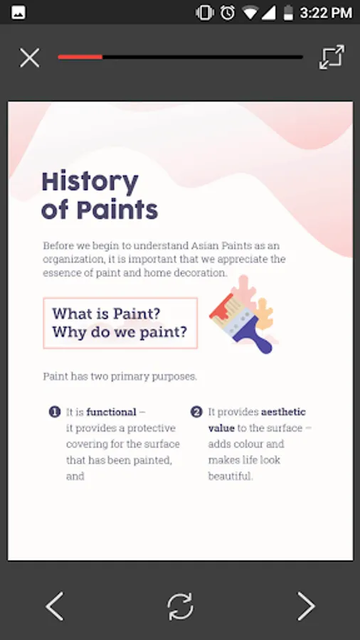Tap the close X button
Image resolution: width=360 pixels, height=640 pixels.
(30, 58)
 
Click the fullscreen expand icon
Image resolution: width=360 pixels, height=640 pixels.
(332, 57)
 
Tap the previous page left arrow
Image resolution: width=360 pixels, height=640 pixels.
(54, 606)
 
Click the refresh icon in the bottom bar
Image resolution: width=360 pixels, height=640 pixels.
(180, 607)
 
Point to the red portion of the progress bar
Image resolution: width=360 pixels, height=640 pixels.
(80, 57)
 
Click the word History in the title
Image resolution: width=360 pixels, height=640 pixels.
(90, 183)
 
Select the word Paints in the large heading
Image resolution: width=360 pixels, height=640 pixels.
(117, 210)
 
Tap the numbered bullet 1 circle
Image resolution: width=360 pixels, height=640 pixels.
(55, 412)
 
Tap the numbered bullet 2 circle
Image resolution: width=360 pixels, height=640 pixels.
(196, 412)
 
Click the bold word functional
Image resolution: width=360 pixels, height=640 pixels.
(111, 412)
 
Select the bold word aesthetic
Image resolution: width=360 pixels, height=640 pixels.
(283, 412)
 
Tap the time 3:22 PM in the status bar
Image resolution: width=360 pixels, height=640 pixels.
(326, 13)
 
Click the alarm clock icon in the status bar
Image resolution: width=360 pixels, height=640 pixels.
(228, 12)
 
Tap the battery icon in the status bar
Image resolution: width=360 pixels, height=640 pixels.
(289, 12)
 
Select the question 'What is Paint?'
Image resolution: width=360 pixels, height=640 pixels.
(106, 314)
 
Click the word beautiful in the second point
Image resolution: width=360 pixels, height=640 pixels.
(231, 476)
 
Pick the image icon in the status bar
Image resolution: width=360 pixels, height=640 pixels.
(18, 13)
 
